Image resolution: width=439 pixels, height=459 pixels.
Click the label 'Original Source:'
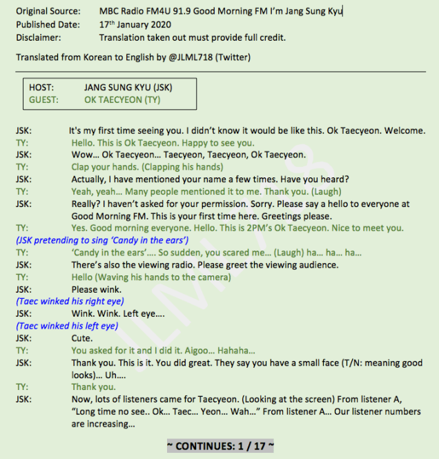coord(47,11)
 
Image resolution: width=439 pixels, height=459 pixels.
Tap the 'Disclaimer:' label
coord(38,37)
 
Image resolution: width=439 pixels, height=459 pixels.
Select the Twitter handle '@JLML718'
coord(188,57)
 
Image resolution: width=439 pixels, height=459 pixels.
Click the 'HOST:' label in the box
coord(41,88)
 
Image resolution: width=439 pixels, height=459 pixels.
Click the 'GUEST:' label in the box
coord(43,99)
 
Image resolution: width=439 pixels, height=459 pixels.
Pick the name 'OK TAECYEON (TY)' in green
coord(122,99)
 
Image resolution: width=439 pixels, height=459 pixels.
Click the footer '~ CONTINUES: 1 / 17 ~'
coord(220,446)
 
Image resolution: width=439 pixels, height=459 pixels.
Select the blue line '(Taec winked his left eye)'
coord(66,326)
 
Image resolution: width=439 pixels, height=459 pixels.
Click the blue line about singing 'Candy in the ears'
coord(102,240)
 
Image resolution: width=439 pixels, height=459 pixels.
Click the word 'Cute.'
coord(82,338)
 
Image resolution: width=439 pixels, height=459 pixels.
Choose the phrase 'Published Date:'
coord(46,24)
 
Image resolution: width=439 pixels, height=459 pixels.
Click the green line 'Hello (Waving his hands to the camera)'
coord(151,277)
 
